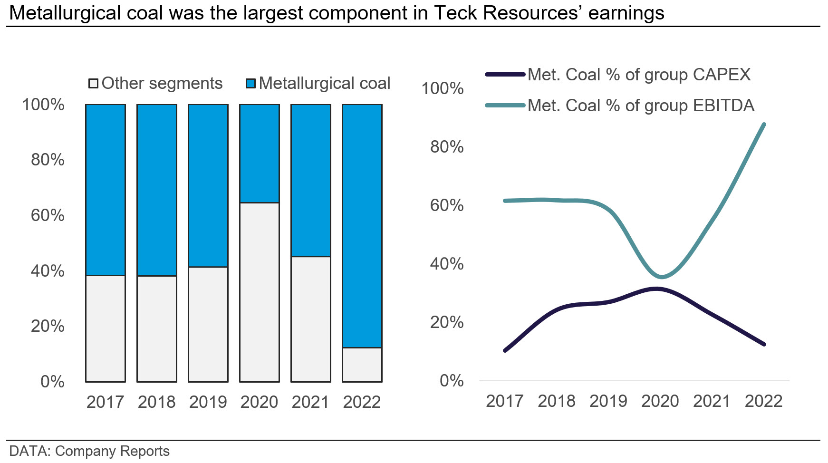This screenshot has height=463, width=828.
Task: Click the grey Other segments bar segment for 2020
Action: pyautogui.click(x=259, y=292)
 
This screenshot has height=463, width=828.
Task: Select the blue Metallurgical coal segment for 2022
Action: pyautogui.click(x=362, y=226)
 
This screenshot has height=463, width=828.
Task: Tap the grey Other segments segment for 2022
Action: pyautogui.click(x=362, y=365)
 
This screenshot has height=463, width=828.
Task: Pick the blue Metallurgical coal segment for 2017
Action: pyautogui.click(x=105, y=190)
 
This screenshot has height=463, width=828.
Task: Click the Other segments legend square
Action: pyautogui.click(x=93, y=84)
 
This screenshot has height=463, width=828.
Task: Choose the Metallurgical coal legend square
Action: pyautogui.click(x=250, y=84)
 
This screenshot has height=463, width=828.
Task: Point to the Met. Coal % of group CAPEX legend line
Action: pyautogui.click(x=505, y=75)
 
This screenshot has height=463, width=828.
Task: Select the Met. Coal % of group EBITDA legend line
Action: pyautogui.click(x=505, y=105)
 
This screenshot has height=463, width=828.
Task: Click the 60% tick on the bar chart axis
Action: pyautogui.click(x=48, y=215)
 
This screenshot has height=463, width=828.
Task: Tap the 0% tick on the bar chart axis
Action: pyautogui.click(x=52, y=382)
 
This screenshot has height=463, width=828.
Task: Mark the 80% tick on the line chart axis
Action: pyautogui.click(x=447, y=147)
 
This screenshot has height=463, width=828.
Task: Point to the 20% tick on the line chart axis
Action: pyautogui.click(x=447, y=322)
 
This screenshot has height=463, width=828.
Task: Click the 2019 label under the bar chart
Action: pyautogui.click(x=208, y=402)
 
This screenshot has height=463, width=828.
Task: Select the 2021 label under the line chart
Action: pyautogui.click(x=712, y=401)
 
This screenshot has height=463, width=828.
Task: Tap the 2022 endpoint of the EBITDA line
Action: pyautogui.click(x=764, y=125)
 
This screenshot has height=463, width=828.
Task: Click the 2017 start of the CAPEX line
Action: pyautogui.click(x=505, y=351)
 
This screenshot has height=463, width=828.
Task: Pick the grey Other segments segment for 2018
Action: pyautogui.click(x=156, y=328)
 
